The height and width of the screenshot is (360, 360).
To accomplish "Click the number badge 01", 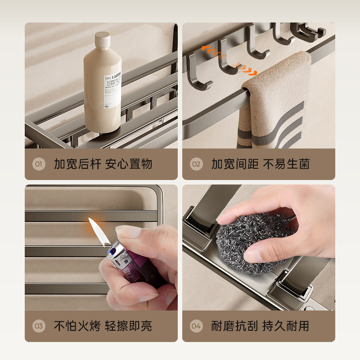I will coord(39,164).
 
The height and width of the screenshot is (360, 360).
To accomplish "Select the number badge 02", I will coord(196,164).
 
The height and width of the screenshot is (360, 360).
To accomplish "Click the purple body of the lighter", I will coord(135,274).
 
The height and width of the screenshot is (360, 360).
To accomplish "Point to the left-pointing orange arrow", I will coord(209,48).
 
